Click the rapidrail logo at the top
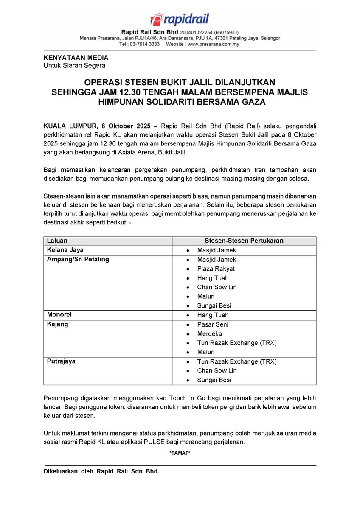[180, 20]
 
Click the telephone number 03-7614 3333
[146, 44]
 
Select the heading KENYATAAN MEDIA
[76, 58]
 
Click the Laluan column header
[57, 241]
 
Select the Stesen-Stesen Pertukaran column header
[244, 241]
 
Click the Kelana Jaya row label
[65, 250]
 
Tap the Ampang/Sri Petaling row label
[78, 259]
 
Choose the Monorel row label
[59, 315]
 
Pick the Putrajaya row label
[62, 361]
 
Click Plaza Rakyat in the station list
[216, 268]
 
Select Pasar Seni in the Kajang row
[212, 324]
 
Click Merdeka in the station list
[209, 334]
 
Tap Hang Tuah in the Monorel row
[213, 315]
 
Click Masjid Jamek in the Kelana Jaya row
[217, 250]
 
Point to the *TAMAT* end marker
[180, 453]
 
